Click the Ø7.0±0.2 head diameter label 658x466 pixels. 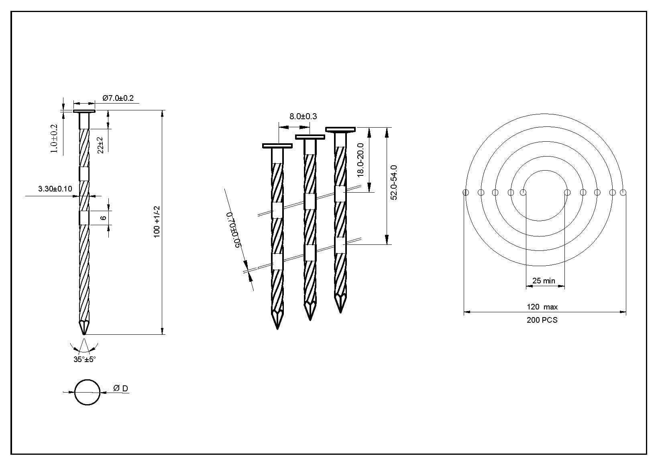[118, 98]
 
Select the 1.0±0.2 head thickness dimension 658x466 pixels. [54, 138]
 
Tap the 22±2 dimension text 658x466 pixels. [100, 145]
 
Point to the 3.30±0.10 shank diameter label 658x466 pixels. [55, 189]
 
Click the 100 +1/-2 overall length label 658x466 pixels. [157, 222]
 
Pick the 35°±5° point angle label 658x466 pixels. [85, 359]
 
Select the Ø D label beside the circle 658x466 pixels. [121, 389]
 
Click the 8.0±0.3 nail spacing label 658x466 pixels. [303, 116]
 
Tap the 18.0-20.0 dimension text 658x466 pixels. [361, 160]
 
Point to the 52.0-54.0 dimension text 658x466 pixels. [393, 182]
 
